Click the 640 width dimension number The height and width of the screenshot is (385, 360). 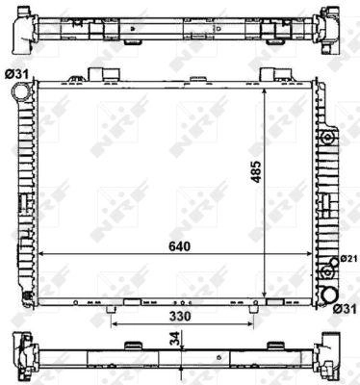tap(180, 246)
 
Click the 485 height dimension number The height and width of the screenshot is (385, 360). tap(256, 171)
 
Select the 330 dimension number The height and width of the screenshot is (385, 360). tap(180, 317)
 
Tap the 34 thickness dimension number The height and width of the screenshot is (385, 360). tap(174, 339)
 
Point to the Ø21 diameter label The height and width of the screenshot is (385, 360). tap(348, 259)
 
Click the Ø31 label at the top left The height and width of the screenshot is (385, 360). tap(16, 75)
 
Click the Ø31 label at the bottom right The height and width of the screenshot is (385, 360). tap(345, 309)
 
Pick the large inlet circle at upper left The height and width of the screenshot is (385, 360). tap(20, 90)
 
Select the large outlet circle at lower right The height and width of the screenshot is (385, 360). tap(330, 295)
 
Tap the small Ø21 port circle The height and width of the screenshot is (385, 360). tap(334, 262)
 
